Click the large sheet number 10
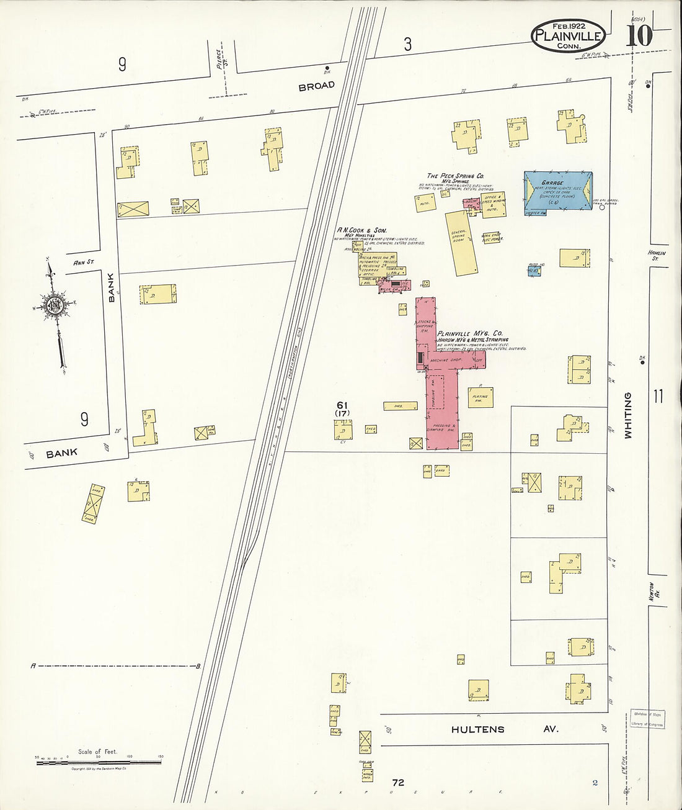click(x=639, y=37)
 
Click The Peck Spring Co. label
click(x=455, y=176)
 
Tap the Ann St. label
click(x=83, y=263)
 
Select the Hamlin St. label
click(x=657, y=255)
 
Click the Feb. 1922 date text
click(x=568, y=25)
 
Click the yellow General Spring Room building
click(x=462, y=242)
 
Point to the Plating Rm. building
click(x=480, y=398)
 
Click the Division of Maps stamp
click(x=647, y=719)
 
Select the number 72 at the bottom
click(x=397, y=783)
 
